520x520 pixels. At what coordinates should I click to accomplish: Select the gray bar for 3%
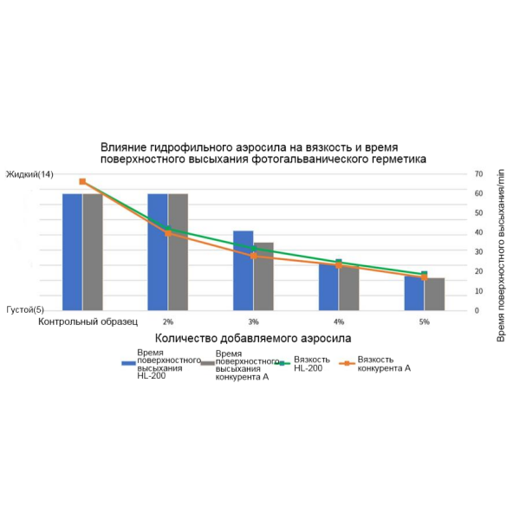tap(263, 276)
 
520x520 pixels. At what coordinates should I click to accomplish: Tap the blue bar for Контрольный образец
tap(72, 251)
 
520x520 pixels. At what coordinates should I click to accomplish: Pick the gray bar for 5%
tap(434, 294)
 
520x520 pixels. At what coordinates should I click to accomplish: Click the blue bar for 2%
tap(157, 251)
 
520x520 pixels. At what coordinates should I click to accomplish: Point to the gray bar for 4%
tap(349, 287)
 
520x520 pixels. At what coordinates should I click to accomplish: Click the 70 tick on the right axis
tap(477, 174)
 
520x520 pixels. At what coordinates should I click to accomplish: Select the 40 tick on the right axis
tap(477, 232)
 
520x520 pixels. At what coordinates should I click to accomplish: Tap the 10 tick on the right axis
tap(477, 290)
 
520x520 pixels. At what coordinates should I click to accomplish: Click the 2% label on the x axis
tap(167, 322)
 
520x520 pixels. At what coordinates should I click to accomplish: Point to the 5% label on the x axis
tap(424, 322)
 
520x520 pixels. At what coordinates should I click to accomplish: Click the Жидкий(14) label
tap(29, 174)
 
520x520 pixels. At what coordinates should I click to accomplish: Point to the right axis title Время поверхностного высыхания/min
tap(501, 242)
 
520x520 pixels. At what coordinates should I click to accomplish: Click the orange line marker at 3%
tap(253, 256)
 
